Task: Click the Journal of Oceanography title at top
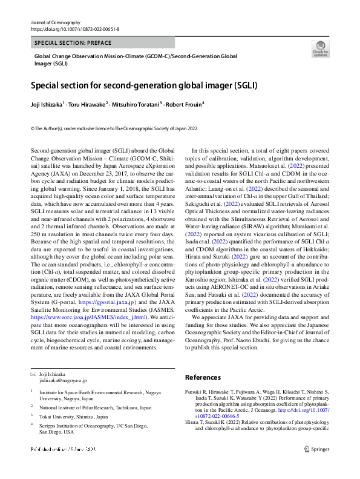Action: tap(55, 22)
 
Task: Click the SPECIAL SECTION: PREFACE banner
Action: tap(68, 43)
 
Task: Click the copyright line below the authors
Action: tap(114, 128)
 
